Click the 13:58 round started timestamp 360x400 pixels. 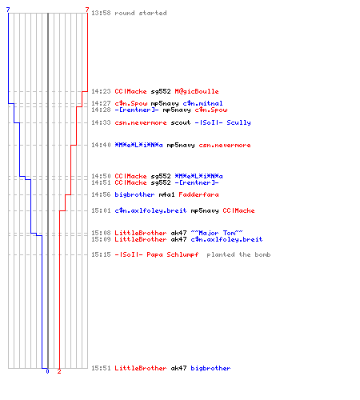101,13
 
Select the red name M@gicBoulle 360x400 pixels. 197,91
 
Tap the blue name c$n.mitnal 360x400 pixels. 202,103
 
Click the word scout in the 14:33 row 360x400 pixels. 181,122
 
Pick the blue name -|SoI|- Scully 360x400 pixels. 222,122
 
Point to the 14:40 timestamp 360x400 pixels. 101,145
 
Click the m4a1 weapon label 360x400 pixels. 166,194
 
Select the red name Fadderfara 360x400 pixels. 198,194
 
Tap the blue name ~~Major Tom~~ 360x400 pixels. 217,233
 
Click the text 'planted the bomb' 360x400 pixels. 238,254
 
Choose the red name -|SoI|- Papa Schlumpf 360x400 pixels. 157,254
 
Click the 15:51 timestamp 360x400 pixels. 101,368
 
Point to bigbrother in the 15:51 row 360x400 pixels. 210,368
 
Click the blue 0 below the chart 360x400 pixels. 47,371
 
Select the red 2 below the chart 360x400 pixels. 59,371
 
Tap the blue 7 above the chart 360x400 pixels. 8,10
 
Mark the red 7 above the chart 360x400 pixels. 87,10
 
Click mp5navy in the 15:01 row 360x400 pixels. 205,211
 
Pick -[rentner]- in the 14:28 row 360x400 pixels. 137,110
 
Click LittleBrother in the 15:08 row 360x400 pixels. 141,233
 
